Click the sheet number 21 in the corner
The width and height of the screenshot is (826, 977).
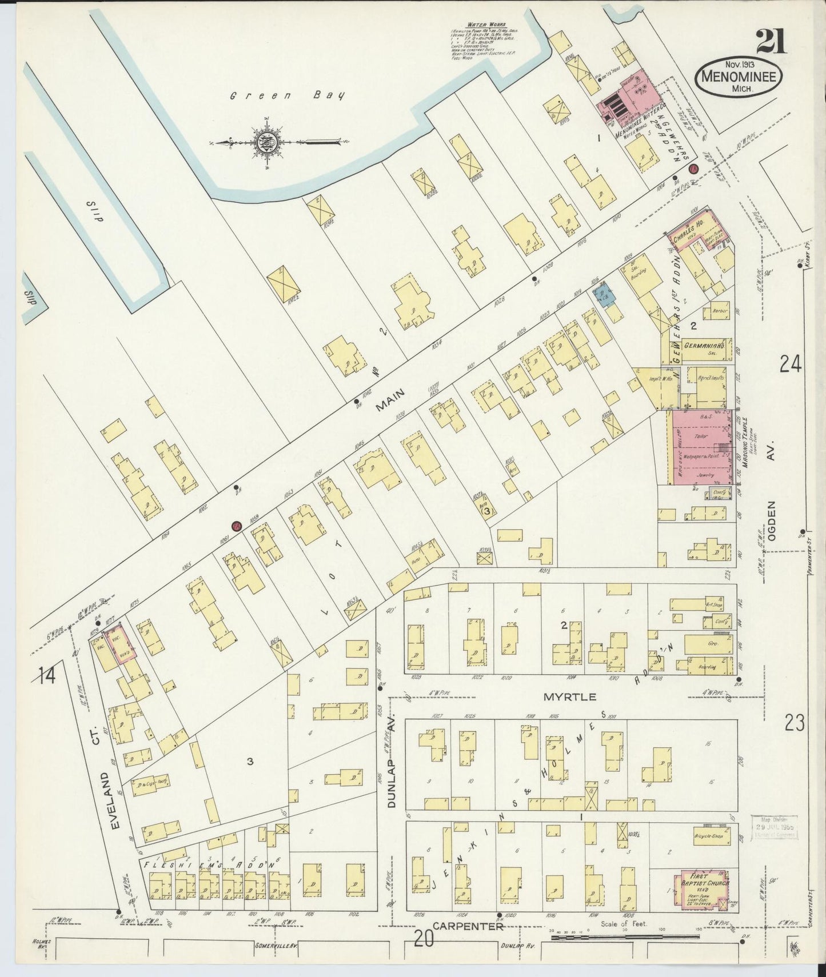(x=771, y=41)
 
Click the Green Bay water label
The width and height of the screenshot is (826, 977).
(x=288, y=96)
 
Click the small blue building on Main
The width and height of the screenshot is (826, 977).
(x=604, y=295)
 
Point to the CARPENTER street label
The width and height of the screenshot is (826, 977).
(x=468, y=927)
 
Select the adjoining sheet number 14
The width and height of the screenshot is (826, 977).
(x=47, y=676)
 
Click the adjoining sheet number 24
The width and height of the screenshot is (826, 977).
(x=791, y=363)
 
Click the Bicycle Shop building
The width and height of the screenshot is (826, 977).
(x=709, y=837)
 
